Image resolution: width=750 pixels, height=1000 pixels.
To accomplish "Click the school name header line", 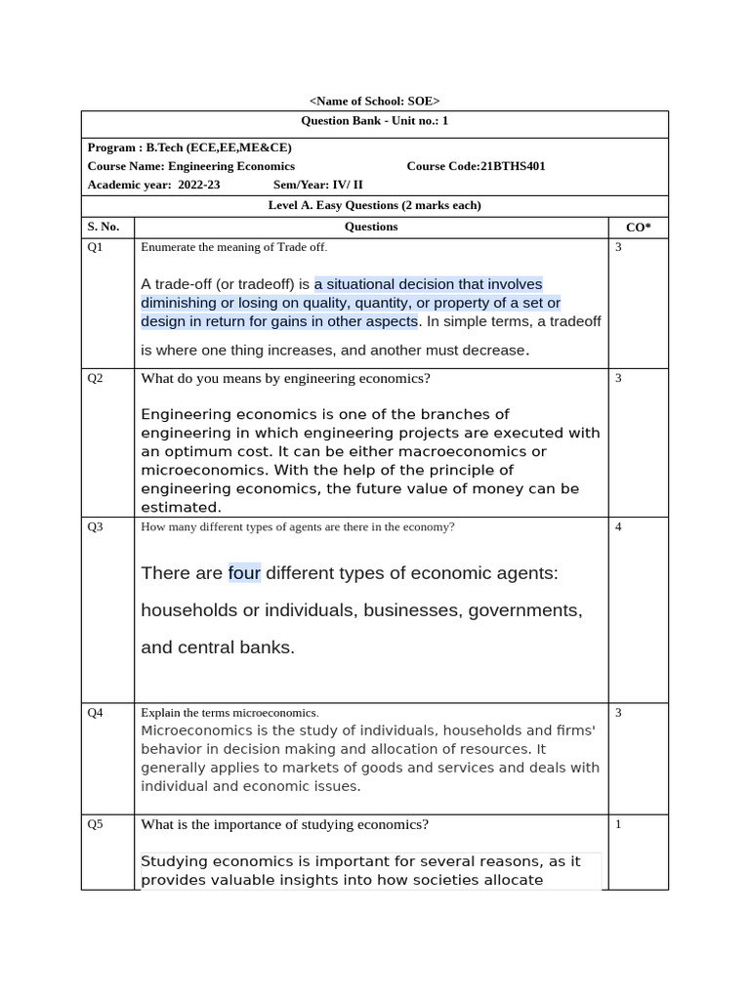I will pyautogui.click(x=374, y=101).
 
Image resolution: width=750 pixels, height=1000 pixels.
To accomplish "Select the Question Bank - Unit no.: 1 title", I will pyautogui.click(x=374, y=121).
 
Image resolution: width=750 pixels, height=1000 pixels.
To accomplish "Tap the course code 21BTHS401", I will pyautogui.click(x=476, y=166).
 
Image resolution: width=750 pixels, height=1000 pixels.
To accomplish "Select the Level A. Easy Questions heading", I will pyautogui.click(x=374, y=205).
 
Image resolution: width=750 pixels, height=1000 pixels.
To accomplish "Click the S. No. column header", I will pyautogui.click(x=104, y=227).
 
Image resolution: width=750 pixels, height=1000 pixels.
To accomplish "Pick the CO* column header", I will pyautogui.click(x=638, y=227).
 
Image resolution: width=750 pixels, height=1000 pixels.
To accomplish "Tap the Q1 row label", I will pyautogui.click(x=96, y=248).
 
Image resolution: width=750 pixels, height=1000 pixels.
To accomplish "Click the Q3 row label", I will pyautogui.click(x=96, y=527).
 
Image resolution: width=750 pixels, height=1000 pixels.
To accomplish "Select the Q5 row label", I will pyautogui.click(x=96, y=824).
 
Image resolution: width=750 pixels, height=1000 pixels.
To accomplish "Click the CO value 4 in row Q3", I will pyautogui.click(x=618, y=527).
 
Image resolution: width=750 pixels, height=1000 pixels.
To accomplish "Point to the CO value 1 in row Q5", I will pyautogui.click(x=618, y=824).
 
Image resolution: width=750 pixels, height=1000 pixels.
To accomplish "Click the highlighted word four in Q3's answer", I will pyautogui.click(x=244, y=573).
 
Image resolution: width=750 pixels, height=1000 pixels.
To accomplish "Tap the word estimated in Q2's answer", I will pyautogui.click(x=181, y=507).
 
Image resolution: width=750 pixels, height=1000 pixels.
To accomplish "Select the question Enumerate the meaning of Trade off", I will pyautogui.click(x=234, y=248).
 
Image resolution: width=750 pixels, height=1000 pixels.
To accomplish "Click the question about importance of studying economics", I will pyautogui.click(x=284, y=824).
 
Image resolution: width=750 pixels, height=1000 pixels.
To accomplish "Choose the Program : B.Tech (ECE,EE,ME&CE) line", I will pyautogui.click(x=189, y=147).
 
